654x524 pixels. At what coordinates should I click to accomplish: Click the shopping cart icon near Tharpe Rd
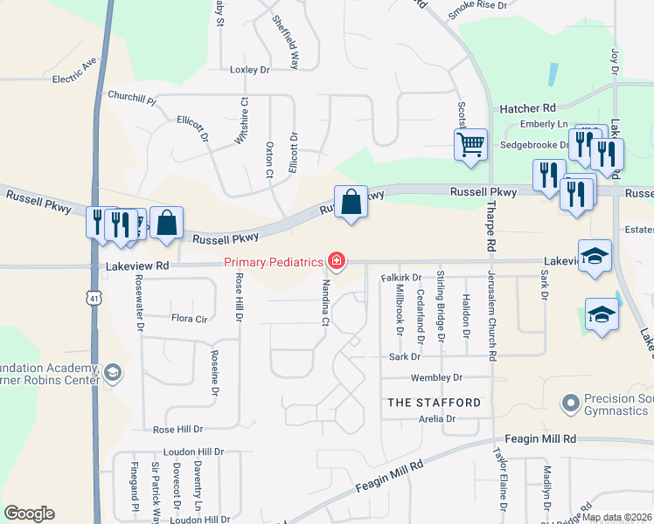click(470, 143)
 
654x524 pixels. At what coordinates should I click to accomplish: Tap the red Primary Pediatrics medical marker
click(336, 260)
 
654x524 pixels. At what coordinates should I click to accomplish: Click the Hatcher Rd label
click(527, 108)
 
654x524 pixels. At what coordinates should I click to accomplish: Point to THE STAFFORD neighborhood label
click(434, 403)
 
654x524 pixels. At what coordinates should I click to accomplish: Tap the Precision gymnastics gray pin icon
click(572, 403)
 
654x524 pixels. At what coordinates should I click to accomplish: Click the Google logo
click(29, 514)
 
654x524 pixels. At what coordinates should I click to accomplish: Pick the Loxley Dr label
click(252, 69)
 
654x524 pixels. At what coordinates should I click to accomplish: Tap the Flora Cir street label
click(190, 319)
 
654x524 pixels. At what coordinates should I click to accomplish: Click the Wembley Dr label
click(434, 378)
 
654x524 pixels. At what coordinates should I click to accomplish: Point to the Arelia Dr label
click(438, 419)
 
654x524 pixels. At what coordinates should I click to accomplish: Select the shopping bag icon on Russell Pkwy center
click(350, 202)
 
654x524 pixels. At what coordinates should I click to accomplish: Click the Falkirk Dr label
click(401, 278)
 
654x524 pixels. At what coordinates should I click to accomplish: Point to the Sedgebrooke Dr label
click(528, 145)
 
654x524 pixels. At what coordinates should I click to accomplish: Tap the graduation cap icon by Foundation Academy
click(112, 374)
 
